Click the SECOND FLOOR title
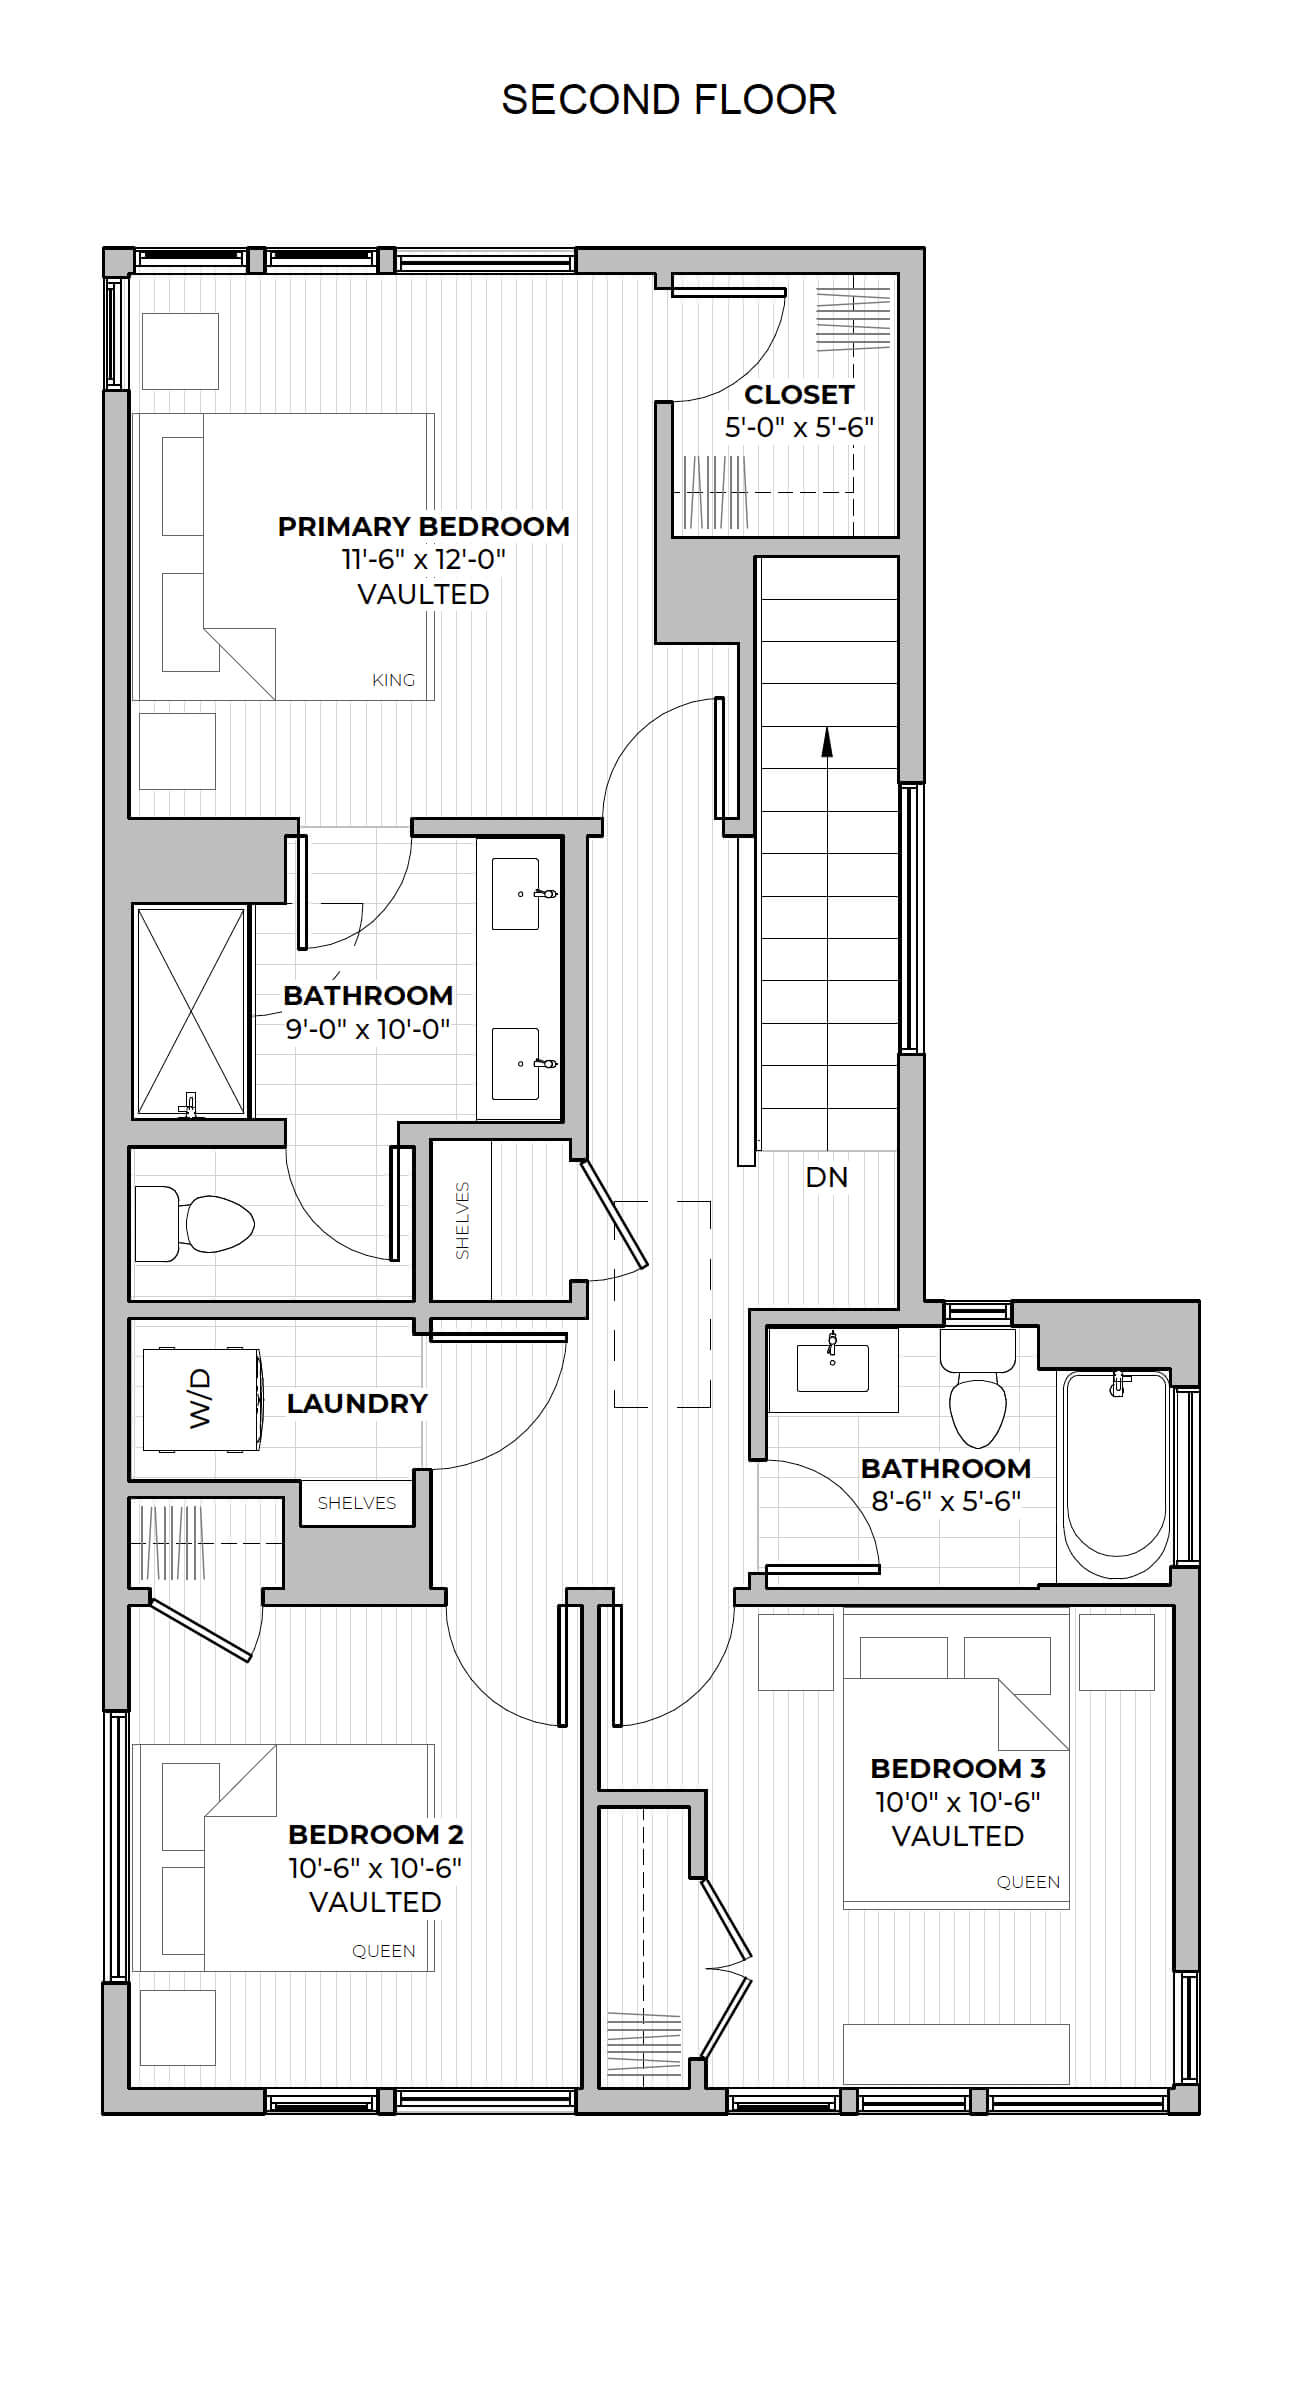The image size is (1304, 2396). (668, 100)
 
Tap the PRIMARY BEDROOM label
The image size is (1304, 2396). (424, 526)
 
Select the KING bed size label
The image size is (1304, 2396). (393, 680)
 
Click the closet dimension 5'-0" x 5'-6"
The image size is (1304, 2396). (800, 428)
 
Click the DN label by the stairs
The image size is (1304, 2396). (827, 1177)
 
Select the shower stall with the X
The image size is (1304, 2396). (190, 1011)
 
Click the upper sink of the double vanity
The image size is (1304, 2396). (517, 893)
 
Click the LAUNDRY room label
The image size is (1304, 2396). (357, 1404)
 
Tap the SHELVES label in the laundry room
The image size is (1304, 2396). (357, 1503)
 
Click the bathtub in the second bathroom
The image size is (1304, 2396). (1116, 1474)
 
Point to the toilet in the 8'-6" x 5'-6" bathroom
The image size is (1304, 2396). (977, 1389)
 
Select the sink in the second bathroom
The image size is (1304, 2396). (832, 1366)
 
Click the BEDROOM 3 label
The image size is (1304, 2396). (958, 1769)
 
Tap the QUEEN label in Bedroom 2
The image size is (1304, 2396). (384, 1951)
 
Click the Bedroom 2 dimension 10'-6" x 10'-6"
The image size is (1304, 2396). (375, 1868)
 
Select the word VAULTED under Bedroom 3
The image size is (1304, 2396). (958, 1836)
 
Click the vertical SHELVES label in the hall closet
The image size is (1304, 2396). (462, 1221)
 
